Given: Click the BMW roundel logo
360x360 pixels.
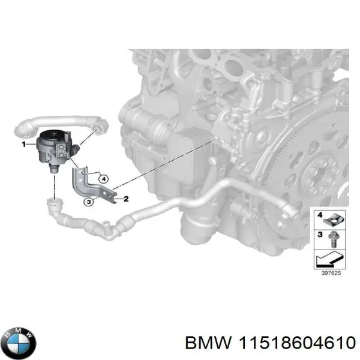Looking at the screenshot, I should tap(18, 343).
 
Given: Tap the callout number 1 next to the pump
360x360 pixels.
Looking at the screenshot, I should tap(24, 145).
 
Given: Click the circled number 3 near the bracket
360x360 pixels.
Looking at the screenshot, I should tap(89, 202).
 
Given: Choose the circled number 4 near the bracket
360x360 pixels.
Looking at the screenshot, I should tap(103, 178).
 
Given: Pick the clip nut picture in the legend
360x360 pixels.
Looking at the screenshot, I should tap(332, 217).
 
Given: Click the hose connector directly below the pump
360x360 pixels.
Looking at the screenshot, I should tap(55, 207).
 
